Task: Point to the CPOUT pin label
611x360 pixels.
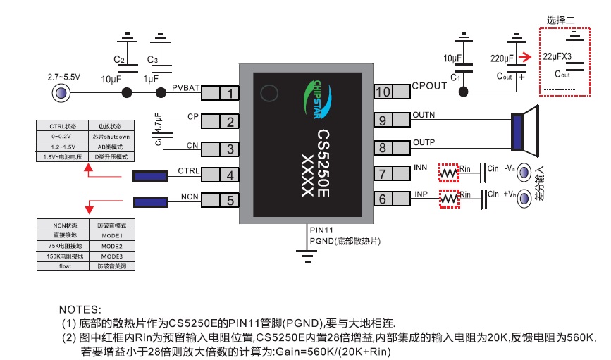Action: (x=429, y=86)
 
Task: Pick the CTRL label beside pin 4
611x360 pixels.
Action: (x=189, y=170)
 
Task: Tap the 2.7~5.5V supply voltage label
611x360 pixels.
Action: (x=65, y=76)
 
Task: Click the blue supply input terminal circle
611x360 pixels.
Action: (x=61, y=93)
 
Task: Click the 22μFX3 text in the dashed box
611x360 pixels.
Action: (x=557, y=54)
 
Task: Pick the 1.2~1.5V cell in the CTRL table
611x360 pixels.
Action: (x=62, y=147)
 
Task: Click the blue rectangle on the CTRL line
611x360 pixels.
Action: (x=150, y=176)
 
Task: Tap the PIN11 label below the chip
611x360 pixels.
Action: (x=321, y=230)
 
